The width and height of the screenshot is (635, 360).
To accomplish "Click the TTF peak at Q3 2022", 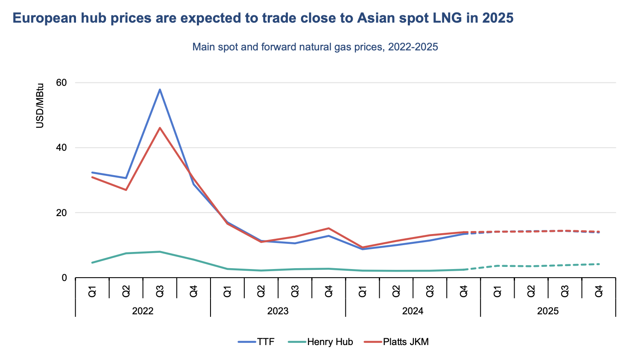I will (160, 90).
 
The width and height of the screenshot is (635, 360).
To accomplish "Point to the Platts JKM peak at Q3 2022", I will (160, 128).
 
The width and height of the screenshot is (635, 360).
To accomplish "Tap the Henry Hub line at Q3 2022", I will (160, 252).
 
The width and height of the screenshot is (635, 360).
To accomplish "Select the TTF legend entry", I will (256, 342).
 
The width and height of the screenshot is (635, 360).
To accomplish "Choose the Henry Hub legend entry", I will (320, 342).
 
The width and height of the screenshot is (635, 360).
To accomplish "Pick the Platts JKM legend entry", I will (396, 342).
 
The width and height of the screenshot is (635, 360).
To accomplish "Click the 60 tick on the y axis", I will (62, 82).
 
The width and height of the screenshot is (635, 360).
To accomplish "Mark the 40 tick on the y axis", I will (62, 148).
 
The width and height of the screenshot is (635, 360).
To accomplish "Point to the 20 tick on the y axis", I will (62, 213).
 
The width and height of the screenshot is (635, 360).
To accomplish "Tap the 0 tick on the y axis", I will (64, 278).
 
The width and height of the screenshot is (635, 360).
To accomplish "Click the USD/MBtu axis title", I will (40, 105).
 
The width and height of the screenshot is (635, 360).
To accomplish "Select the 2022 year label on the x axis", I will (143, 311).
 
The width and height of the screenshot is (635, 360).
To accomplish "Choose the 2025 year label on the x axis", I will (548, 311).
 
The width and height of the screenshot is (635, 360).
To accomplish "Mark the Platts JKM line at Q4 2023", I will (328, 228).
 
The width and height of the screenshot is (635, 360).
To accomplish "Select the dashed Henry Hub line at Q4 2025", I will (599, 264).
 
